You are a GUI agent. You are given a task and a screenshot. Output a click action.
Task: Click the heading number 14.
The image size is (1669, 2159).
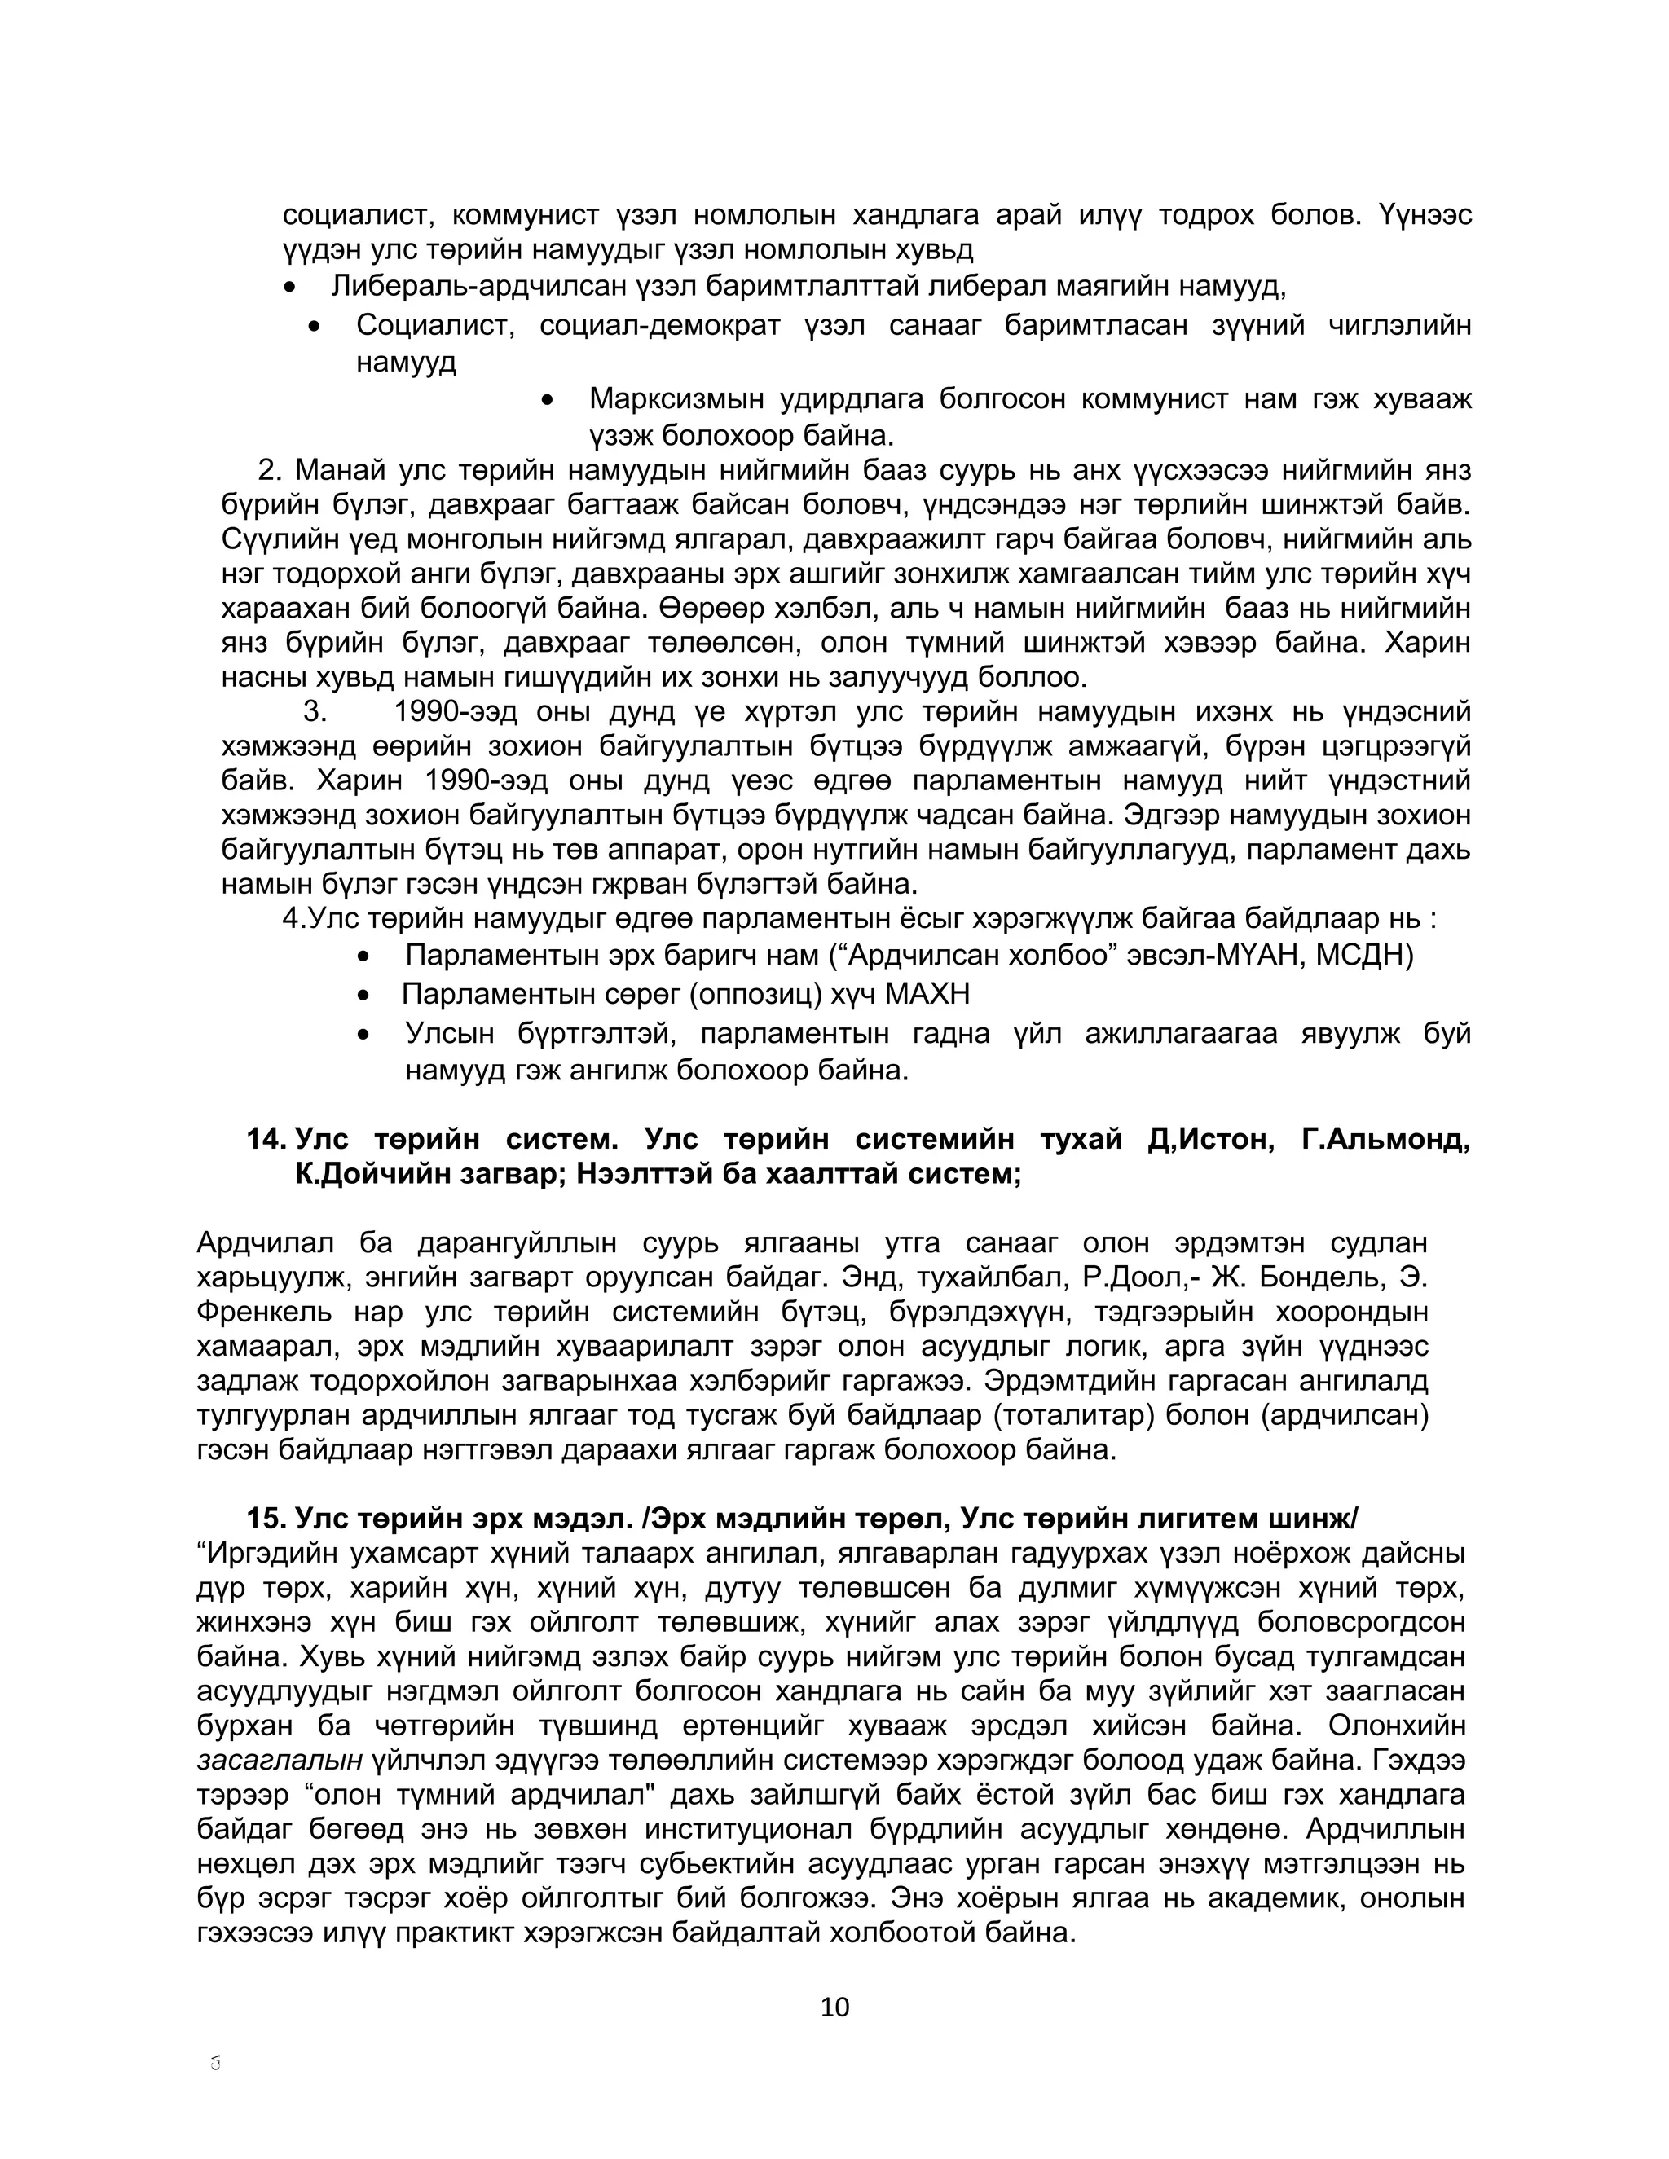266,1140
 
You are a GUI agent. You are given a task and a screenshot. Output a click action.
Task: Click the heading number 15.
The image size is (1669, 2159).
266,1518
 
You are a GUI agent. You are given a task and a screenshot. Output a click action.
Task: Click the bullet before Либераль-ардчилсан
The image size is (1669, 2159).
288,288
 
